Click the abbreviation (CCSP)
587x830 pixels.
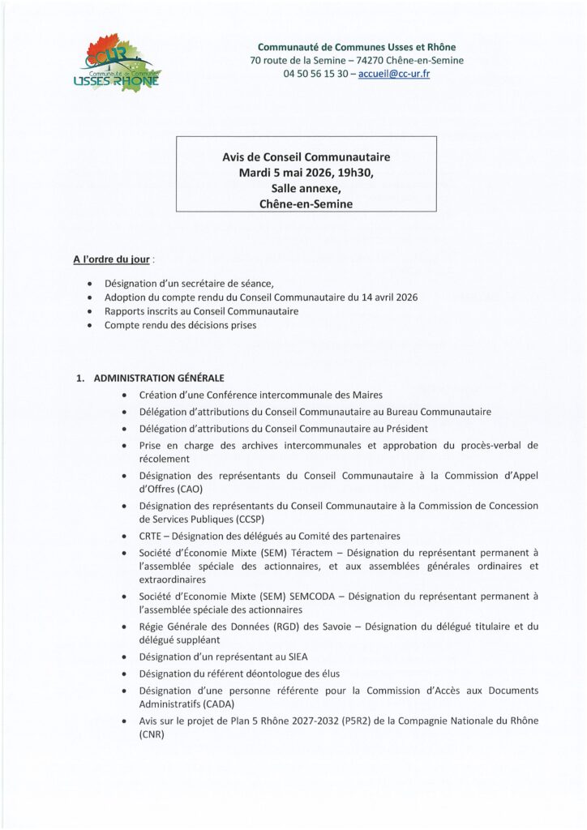[x=231, y=519]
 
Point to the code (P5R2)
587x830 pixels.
[x=371, y=721]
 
